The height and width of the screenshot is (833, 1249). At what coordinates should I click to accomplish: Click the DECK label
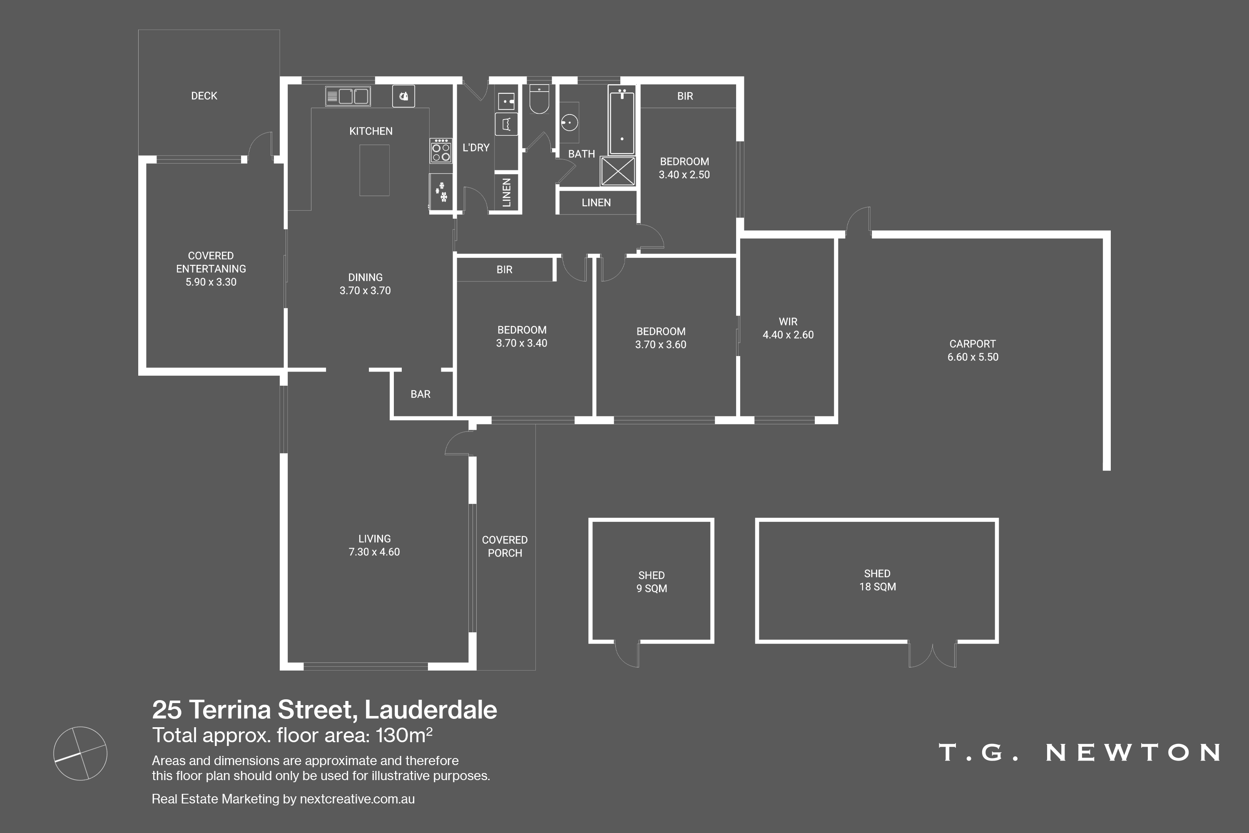point(204,96)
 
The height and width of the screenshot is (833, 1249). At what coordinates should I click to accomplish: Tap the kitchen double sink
point(348,96)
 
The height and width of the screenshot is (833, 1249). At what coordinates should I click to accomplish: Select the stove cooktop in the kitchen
point(441,151)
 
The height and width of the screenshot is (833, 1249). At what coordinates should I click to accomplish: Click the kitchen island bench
point(374,170)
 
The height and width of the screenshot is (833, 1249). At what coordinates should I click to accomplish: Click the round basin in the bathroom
point(569,123)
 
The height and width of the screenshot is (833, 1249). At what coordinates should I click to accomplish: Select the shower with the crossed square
point(618,171)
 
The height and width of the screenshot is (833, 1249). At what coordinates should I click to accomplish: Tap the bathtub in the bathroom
point(621,122)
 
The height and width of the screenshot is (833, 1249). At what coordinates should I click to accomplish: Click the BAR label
point(420,394)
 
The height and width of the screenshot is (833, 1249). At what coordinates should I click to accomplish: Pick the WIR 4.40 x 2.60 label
point(788,328)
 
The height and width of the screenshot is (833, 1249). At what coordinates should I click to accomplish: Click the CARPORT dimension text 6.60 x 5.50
point(973,357)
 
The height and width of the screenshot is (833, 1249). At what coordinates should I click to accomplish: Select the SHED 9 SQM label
point(652,582)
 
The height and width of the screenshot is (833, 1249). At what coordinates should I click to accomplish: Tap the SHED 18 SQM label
point(877,580)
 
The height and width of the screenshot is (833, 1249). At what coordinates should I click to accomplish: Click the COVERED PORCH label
point(505,546)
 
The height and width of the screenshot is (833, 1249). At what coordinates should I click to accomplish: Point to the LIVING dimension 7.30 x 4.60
point(374,552)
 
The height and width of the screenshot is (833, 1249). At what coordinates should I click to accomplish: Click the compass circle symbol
point(80,753)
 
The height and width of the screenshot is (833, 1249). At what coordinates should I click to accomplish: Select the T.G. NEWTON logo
point(1079,752)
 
